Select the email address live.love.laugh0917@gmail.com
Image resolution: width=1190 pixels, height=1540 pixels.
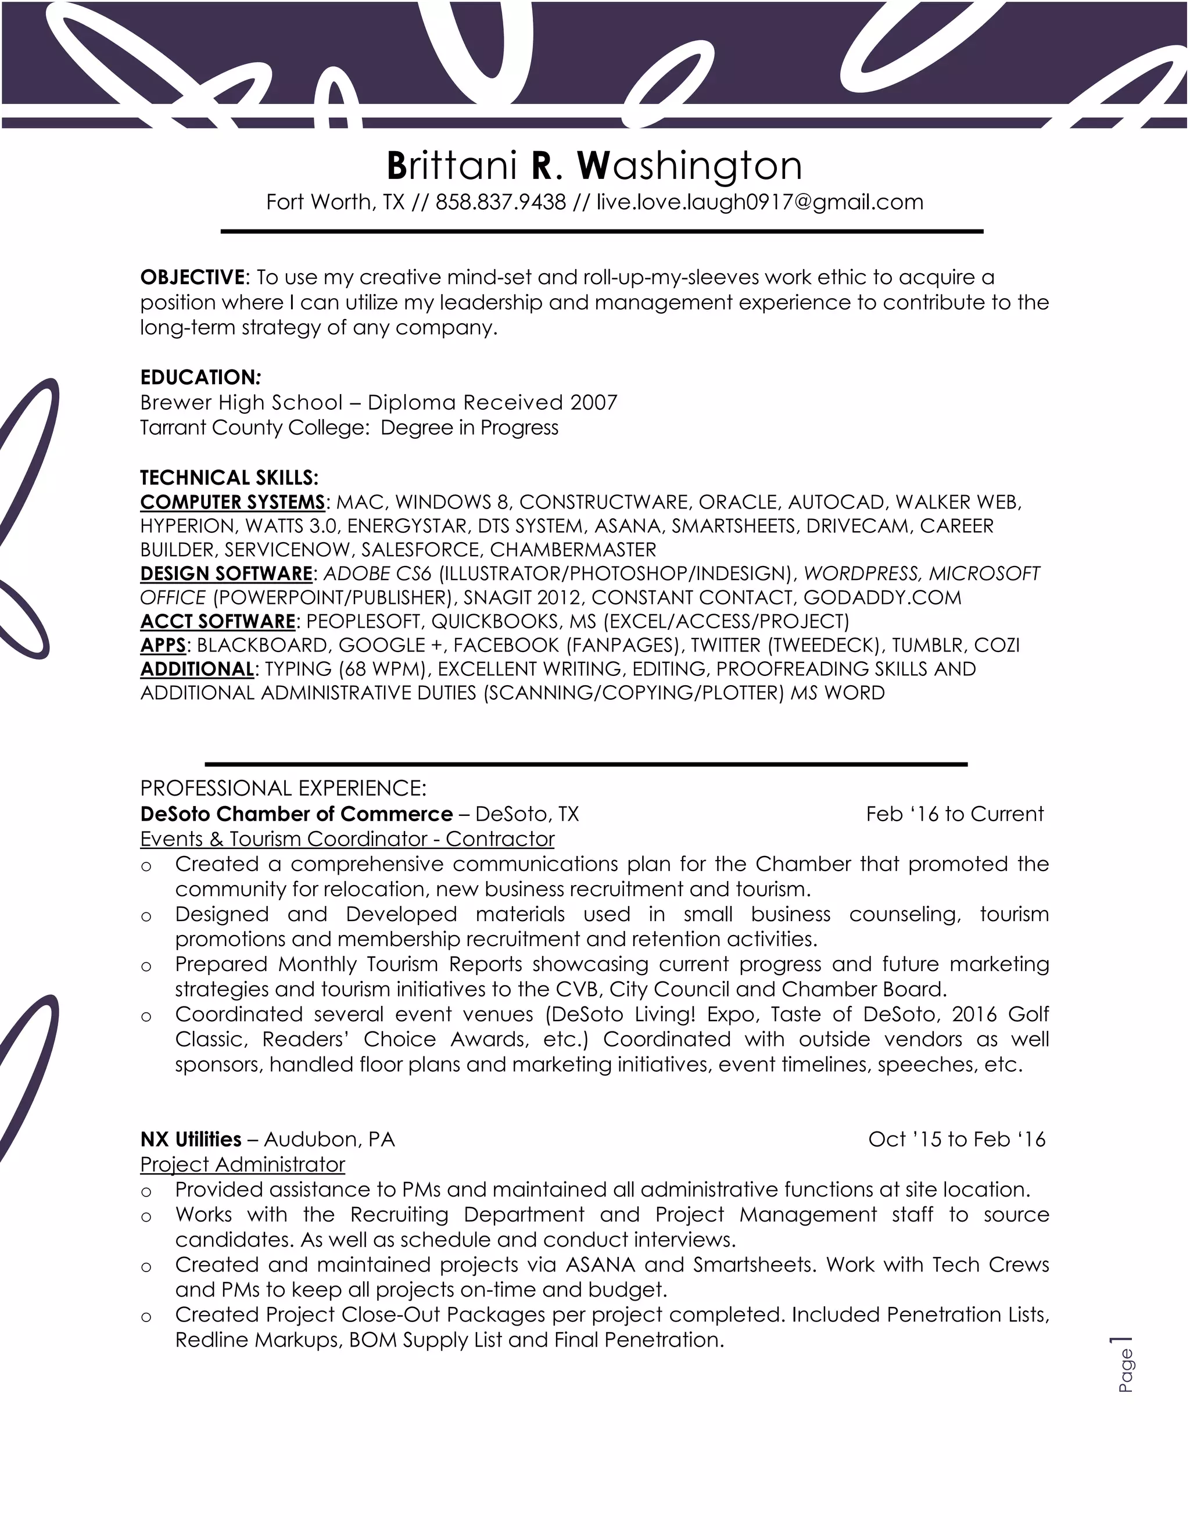pyautogui.click(x=759, y=202)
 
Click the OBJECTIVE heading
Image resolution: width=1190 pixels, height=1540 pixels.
pyautogui.click(x=192, y=278)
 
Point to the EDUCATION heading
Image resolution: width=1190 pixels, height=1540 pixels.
pyautogui.click(x=200, y=377)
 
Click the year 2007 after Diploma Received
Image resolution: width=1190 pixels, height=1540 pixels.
pyautogui.click(x=594, y=403)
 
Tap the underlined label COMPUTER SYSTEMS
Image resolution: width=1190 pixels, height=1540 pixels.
pyautogui.click(x=232, y=502)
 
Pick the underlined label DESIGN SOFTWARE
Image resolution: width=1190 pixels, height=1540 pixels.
pyautogui.click(x=225, y=573)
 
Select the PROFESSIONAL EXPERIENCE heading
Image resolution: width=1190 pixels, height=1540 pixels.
pyautogui.click(x=284, y=787)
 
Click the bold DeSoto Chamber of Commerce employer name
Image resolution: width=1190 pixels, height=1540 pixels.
pyautogui.click(x=296, y=814)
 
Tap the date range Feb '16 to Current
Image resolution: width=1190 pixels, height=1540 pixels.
pyautogui.click(x=955, y=814)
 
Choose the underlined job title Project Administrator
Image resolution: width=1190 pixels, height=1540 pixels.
pyautogui.click(x=242, y=1164)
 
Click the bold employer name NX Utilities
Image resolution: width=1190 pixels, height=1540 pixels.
pyautogui.click(x=191, y=1140)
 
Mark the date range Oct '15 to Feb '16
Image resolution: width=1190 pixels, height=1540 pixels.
pyautogui.click(x=956, y=1140)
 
